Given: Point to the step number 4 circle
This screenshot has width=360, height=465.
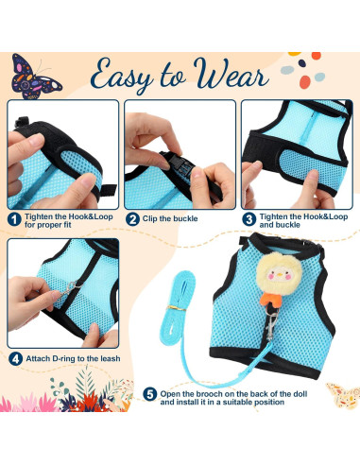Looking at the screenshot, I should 15,358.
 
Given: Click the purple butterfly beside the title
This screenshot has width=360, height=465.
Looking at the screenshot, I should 36,74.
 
